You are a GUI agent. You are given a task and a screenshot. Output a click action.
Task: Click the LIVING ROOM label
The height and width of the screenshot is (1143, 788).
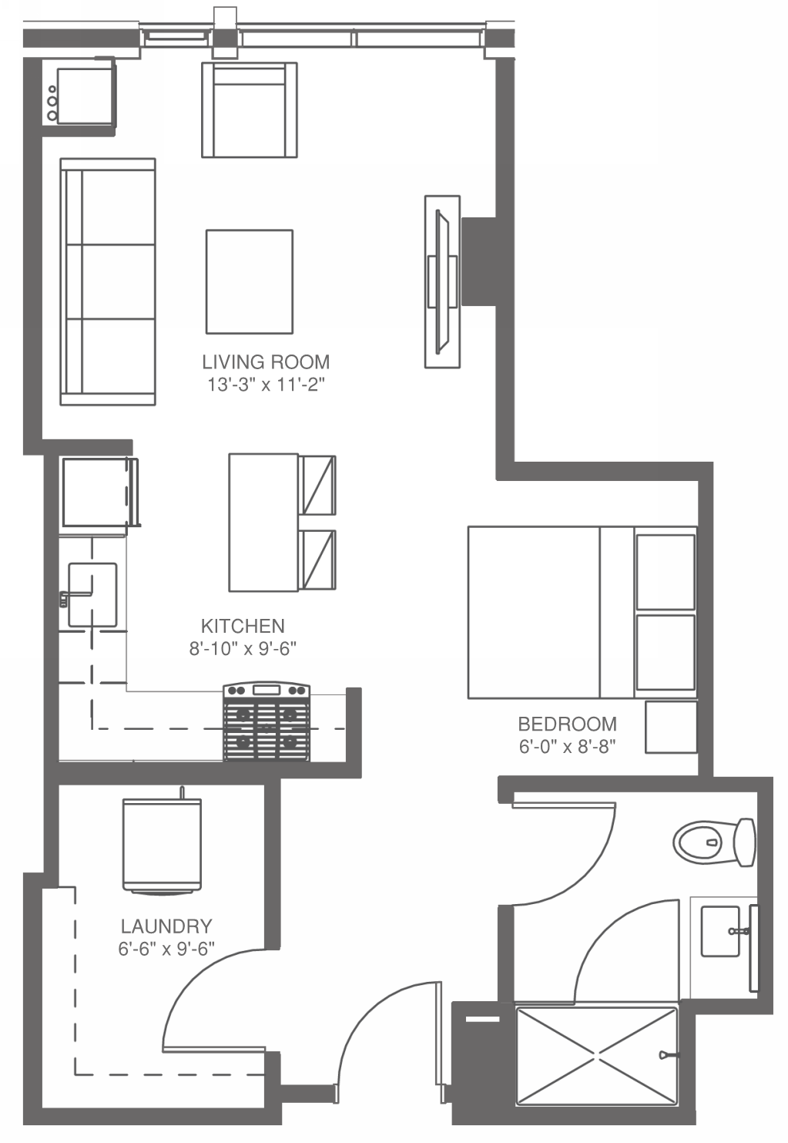pyautogui.click(x=266, y=361)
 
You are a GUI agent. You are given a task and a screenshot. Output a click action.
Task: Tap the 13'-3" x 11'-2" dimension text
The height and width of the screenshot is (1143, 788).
pyautogui.click(x=266, y=385)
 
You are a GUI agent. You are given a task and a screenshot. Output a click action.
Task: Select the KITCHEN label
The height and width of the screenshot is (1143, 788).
pyautogui.click(x=243, y=626)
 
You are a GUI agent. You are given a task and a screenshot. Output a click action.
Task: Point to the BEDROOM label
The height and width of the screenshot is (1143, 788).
pyautogui.click(x=567, y=724)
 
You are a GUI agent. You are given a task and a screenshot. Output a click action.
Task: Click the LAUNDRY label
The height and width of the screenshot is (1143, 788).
pyautogui.click(x=166, y=926)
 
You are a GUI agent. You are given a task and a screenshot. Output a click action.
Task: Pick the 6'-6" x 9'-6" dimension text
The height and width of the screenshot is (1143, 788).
pyautogui.click(x=166, y=949)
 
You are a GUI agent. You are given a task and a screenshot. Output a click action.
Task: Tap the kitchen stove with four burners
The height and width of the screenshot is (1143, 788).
pyautogui.click(x=267, y=722)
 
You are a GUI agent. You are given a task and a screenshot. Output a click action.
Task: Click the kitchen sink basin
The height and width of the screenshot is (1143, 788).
pyautogui.click(x=92, y=594)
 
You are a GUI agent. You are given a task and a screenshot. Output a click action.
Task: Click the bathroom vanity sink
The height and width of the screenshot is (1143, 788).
pyautogui.click(x=721, y=931)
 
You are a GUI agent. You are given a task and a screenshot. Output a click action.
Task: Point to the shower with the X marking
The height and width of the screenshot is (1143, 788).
pyautogui.click(x=596, y=1055)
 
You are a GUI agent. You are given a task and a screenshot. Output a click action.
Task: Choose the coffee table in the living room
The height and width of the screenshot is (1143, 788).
pyautogui.click(x=249, y=281)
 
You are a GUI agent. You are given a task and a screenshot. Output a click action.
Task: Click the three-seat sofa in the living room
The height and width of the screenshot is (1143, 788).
pyautogui.click(x=108, y=282)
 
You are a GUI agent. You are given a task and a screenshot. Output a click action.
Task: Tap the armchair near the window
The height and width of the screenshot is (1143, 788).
pyautogui.click(x=249, y=110)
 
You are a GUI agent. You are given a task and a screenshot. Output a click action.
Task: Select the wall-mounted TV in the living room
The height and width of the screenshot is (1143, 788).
pyautogui.click(x=442, y=281)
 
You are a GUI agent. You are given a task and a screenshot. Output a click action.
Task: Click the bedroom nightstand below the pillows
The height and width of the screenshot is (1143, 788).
pyautogui.click(x=671, y=727)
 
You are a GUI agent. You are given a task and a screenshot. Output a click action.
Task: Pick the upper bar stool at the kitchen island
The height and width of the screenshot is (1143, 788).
pyautogui.click(x=318, y=485)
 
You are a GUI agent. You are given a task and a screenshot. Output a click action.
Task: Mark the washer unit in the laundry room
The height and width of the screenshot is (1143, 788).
pyautogui.click(x=162, y=845)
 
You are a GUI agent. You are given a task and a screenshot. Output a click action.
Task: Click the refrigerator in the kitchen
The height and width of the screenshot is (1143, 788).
pyautogui.click(x=96, y=492)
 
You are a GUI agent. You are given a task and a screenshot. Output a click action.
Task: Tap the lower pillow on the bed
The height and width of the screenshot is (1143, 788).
pyautogui.click(x=666, y=652)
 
